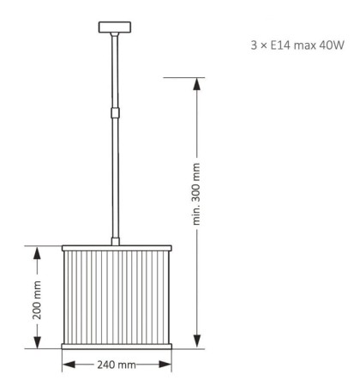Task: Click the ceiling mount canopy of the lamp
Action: (x=115, y=27)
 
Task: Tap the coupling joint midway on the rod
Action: (x=115, y=112)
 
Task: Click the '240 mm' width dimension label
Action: (x=117, y=365)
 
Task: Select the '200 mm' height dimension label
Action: (x=37, y=300)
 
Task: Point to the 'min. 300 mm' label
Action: (x=196, y=194)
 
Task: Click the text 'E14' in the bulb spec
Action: (x=280, y=45)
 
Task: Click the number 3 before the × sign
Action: (x=254, y=45)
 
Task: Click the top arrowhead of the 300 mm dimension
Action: (x=196, y=84)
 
